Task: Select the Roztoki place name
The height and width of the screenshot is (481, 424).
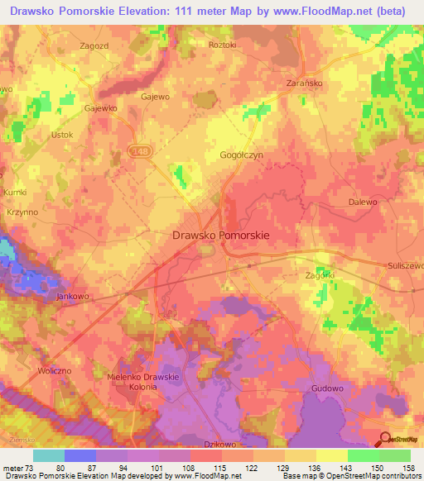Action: tap(223, 44)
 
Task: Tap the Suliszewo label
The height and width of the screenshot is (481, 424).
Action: tap(405, 265)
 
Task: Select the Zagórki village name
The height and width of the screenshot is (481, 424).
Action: tap(320, 274)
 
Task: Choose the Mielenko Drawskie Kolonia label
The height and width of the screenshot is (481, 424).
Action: tap(144, 382)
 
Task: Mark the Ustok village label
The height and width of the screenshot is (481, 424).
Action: tap(62, 135)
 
